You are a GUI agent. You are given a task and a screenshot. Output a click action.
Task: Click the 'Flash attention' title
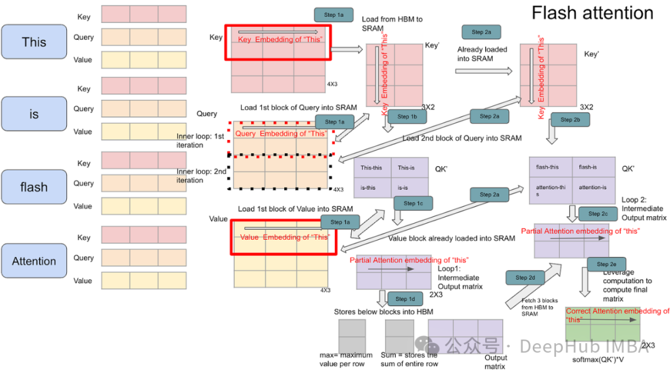click(x=592, y=13)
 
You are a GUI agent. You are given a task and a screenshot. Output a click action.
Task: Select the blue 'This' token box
click(x=34, y=42)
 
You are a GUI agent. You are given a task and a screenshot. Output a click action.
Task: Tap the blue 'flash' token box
click(x=34, y=187)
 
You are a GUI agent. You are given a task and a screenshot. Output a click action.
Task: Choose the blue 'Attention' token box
click(x=34, y=261)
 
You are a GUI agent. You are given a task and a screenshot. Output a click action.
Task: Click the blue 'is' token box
click(x=34, y=114)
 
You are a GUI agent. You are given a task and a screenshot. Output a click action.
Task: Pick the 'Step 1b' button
click(x=407, y=116)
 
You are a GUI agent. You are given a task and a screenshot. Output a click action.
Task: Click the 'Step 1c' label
click(x=413, y=203)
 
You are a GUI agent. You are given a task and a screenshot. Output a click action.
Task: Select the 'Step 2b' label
click(x=570, y=120)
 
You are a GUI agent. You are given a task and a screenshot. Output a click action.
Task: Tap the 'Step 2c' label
click(x=598, y=214)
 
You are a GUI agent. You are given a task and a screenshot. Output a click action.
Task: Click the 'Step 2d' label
click(x=525, y=278)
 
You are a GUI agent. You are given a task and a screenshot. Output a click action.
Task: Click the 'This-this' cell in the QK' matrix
click(x=372, y=168)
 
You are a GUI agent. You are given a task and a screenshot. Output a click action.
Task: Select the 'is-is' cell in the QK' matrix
click(x=407, y=188)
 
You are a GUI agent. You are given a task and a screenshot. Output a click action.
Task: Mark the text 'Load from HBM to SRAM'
click(x=392, y=24)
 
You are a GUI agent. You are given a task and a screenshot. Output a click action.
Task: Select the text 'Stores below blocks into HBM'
click(x=383, y=312)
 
